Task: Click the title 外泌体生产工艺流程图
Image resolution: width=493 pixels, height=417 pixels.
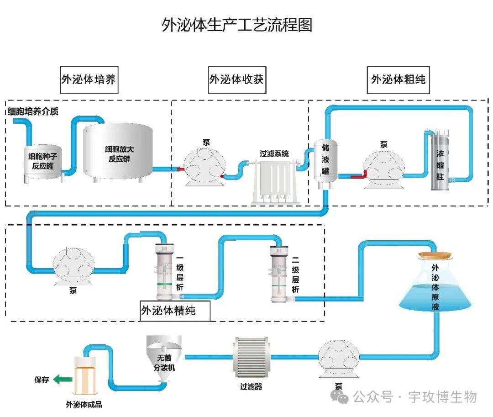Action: (x=237, y=25)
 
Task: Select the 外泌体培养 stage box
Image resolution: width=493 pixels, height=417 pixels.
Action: (x=89, y=79)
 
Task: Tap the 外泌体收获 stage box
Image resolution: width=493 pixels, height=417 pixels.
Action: (x=236, y=79)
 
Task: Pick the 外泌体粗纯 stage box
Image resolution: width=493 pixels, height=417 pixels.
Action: (x=398, y=79)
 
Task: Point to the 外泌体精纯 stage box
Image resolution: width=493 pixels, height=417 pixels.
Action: (x=175, y=311)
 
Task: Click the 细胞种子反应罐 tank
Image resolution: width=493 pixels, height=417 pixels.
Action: (x=43, y=162)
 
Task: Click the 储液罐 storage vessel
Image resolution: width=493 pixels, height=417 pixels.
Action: (x=325, y=164)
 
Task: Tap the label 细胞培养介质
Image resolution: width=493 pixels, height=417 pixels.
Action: (x=32, y=111)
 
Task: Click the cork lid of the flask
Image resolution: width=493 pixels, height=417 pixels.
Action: (x=435, y=255)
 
